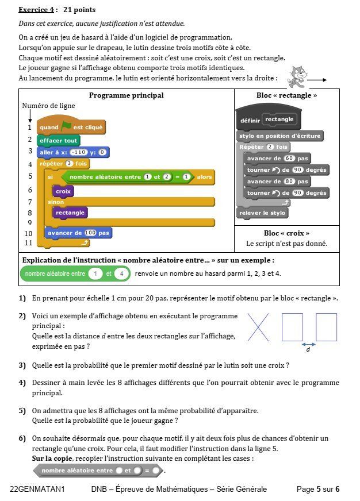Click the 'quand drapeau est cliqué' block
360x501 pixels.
[71, 127]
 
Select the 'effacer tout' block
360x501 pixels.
[59, 140]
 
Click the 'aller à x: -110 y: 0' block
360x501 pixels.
[73, 152]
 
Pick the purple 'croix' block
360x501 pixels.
[63, 191]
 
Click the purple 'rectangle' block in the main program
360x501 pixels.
[70, 213]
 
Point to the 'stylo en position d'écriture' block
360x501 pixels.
[279, 136]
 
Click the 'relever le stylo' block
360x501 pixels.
[262, 213]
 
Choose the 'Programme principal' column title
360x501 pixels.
[127, 95]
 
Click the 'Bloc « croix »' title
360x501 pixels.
[286, 233]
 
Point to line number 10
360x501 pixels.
[28, 234]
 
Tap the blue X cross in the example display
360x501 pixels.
[258, 327]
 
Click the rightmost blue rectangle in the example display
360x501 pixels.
[326, 327]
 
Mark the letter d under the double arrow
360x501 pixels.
[308, 349]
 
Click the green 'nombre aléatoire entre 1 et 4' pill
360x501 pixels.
[74, 274]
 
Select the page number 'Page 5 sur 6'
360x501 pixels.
[317, 490]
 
